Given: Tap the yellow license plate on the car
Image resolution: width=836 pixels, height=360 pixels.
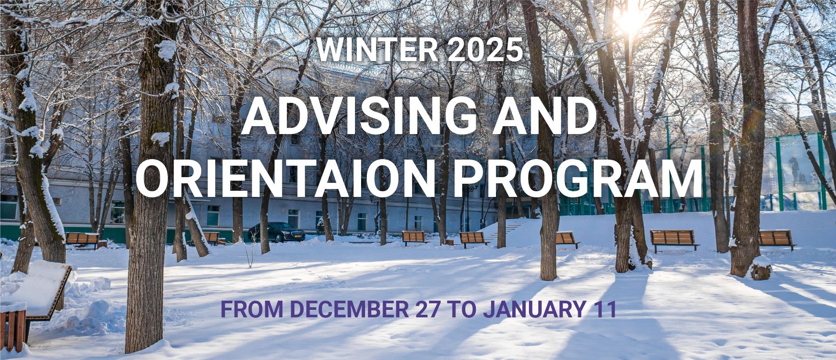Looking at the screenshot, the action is tap(298, 238).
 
